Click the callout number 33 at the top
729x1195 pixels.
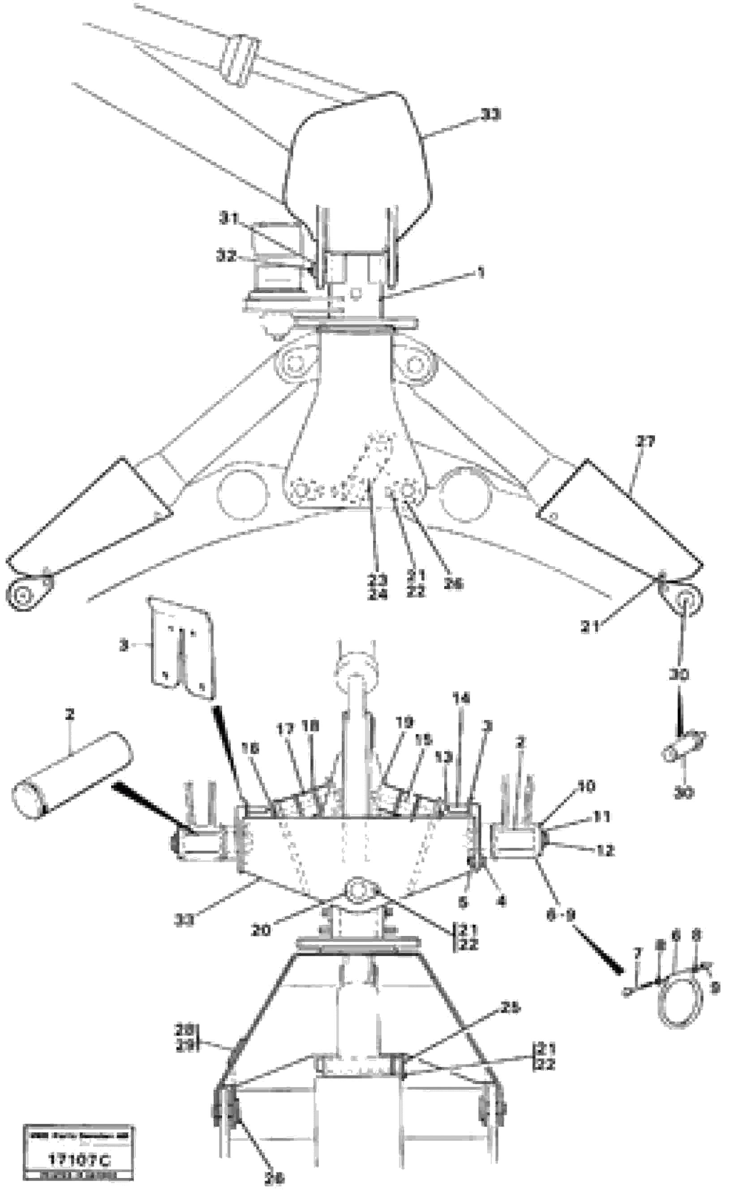tap(490, 115)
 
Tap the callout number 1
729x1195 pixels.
tap(480, 273)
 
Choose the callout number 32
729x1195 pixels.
tap(226, 256)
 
